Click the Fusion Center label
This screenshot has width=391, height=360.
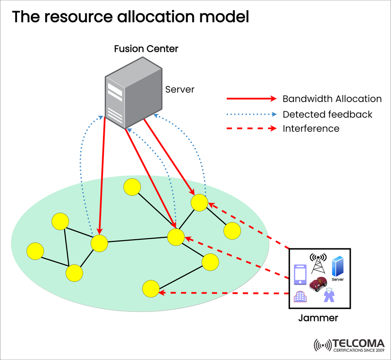click(x=146, y=49)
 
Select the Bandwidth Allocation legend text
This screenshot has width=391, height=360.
click(x=332, y=99)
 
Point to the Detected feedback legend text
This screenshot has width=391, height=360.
click(x=327, y=114)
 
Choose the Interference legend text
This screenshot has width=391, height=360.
click(x=311, y=129)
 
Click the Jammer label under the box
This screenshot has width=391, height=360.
click(x=318, y=318)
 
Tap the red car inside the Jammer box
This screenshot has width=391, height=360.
click(x=318, y=282)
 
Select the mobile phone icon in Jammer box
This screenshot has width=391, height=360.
click(x=300, y=274)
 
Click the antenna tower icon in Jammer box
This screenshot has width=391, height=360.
click(x=318, y=263)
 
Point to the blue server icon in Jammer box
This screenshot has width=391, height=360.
click(x=338, y=267)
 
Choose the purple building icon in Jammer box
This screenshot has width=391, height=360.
click(x=300, y=296)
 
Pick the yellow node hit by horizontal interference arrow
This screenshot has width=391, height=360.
click(x=151, y=288)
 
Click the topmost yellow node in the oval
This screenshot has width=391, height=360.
click(x=132, y=187)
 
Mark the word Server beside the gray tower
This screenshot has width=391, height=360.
click(x=180, y=89)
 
